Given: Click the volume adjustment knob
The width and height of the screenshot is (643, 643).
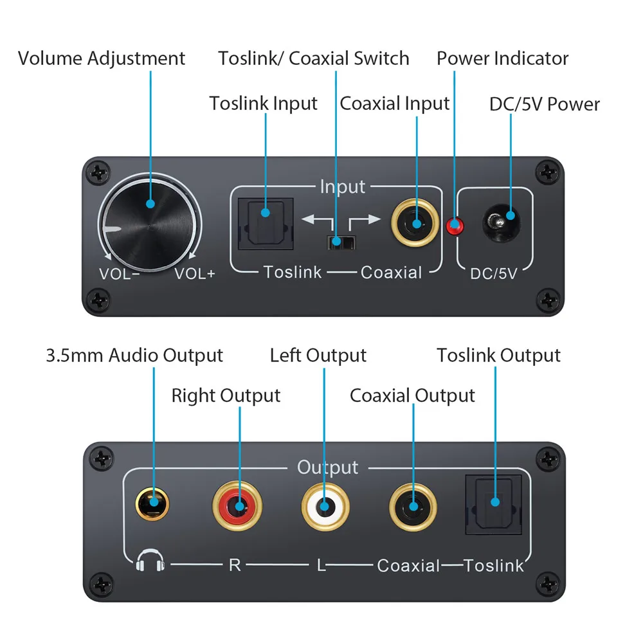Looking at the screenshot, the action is pos(150,224).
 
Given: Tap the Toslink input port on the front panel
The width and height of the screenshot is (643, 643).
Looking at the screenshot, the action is pos(266,224).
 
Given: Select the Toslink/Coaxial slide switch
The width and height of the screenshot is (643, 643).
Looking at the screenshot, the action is pos(341,242).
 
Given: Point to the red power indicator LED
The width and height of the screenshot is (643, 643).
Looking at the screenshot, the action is pos(455,226).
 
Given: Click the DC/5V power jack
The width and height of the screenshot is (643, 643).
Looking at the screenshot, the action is pos(501,223).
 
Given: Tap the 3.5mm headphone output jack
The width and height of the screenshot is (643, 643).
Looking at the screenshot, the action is pos(152,504).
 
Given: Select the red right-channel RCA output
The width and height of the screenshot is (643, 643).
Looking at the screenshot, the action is pos(237,505).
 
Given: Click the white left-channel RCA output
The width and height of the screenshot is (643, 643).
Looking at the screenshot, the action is pos(325,507).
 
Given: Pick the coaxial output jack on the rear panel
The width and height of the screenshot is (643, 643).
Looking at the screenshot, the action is pos(413,507).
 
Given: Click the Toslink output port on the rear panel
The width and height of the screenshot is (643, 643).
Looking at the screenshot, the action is pos(494,504).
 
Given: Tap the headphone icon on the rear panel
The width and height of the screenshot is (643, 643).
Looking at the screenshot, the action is pos(150,560).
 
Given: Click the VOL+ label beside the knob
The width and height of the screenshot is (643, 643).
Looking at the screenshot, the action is pos(195,273).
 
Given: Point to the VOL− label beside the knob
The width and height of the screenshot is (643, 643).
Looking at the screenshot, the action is pos(120,273).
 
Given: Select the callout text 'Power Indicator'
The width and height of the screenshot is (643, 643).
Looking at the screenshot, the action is pos(502,59).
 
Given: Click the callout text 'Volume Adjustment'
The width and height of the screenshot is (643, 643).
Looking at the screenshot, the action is pos(102,59).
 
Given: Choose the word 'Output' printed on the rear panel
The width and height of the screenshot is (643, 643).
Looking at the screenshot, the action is pos(328,467).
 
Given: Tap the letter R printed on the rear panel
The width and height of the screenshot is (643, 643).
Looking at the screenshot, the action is pos(235,565).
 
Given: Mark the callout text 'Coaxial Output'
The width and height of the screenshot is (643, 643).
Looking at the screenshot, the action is pos(412,395).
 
